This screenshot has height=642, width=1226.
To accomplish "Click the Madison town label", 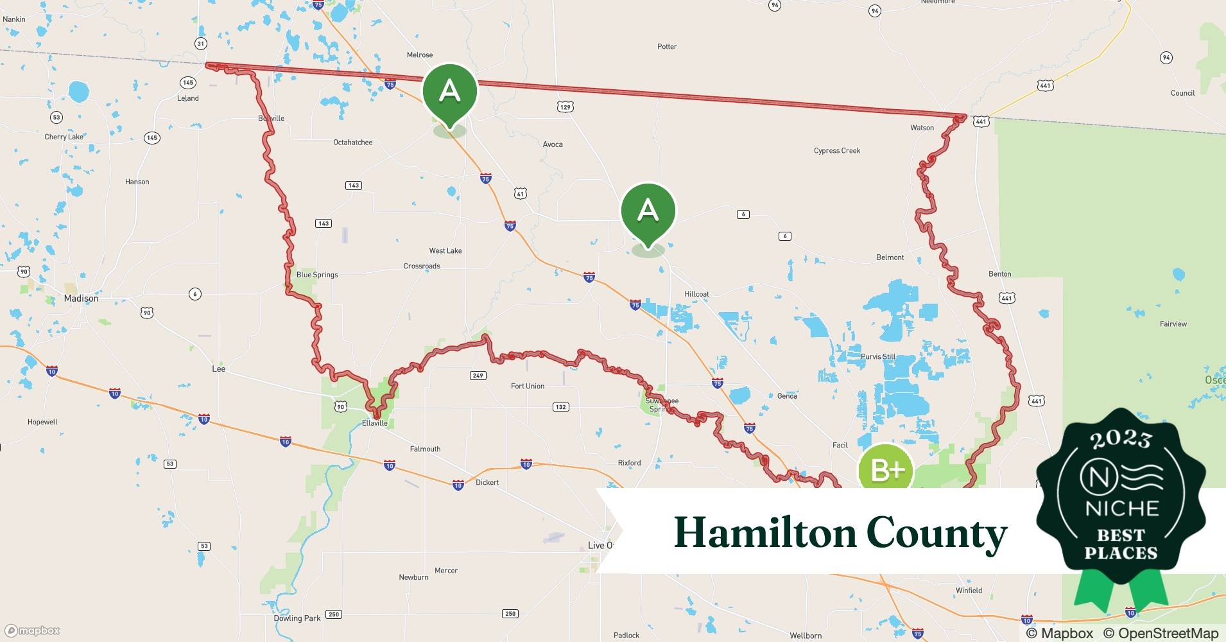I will tap(81, 299).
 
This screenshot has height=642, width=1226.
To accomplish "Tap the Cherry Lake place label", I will tap(64, 137).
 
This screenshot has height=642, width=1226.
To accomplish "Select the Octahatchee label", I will tap(352, 143).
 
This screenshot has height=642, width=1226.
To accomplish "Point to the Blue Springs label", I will tap(317, 275).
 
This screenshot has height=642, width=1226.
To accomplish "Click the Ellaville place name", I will tap(375, 423).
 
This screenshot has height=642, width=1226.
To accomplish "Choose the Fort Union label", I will tap(527, 386).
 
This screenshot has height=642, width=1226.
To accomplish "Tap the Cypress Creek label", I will tap(837, 151).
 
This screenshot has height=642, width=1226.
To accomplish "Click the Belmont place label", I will tap(890, 257).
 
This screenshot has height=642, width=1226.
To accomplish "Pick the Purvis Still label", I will tap(878, 357).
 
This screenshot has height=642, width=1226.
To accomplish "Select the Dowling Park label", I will tap(297, 618).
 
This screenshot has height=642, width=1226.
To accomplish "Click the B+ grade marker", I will tap(886, 471).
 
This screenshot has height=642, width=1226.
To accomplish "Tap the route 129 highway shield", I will tap(565, 107).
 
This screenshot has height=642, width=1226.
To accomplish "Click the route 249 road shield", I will tap(478, 375).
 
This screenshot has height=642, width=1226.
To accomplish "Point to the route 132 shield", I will tap(560, 407).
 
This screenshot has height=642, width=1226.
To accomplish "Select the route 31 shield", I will tap(201, 44).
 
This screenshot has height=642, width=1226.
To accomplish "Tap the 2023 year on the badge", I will tap(1121, 440).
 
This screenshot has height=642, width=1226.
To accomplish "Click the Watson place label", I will tap(922, 128).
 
